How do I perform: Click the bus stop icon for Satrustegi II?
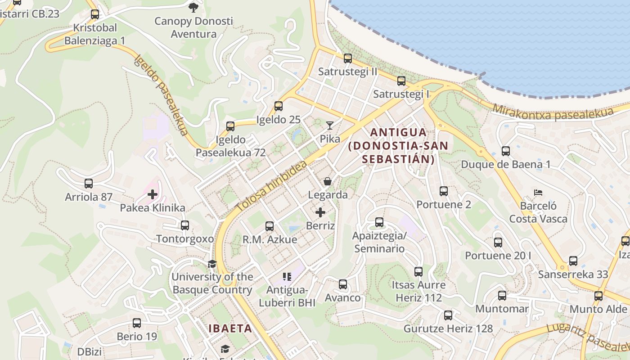[347, 58]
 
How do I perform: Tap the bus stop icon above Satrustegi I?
[401, 81]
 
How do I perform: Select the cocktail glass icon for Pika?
[330, 126]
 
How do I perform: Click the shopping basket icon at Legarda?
[328, 181]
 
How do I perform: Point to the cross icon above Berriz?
[320, 212]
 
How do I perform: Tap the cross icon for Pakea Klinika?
[153, 194]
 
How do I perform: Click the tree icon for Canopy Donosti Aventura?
[193, 7]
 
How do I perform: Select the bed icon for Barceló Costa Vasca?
[538, 193]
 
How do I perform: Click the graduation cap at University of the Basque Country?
[212, 264]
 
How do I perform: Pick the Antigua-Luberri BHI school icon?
[287, 276]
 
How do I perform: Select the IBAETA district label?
[230, 328]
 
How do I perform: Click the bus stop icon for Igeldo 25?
[279, 106]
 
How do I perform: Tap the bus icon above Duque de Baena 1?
[505, 151]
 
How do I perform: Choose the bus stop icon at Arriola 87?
[89, 184]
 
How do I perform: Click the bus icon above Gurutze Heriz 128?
[448, 315]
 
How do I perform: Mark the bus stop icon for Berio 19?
[137, 323]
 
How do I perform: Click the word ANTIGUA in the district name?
[398, 132]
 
